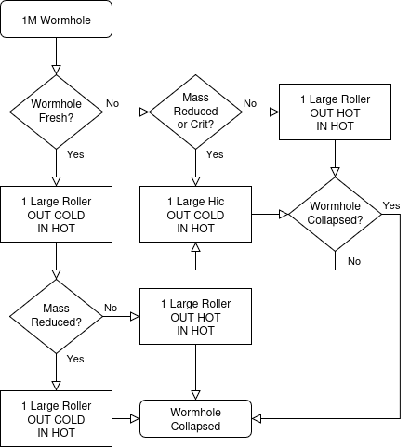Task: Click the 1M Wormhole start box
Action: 56,20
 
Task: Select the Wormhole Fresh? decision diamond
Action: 56,112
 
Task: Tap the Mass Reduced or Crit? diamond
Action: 195,112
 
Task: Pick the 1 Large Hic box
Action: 195,214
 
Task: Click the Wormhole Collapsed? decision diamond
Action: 335,214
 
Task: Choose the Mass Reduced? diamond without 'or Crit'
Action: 56,316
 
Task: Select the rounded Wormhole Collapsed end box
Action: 195,418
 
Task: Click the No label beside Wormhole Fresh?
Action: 112,103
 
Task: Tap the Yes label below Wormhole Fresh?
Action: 75,154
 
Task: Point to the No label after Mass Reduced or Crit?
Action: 250,103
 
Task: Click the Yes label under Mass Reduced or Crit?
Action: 215,154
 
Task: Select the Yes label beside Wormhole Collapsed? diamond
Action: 391,205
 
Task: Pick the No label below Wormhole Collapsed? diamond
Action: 354,261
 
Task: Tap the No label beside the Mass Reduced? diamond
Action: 111,308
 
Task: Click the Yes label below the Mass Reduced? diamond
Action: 75,359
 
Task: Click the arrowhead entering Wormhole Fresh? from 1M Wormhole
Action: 56,70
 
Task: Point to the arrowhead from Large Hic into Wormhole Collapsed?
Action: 284,214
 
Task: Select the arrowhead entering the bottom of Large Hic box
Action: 195,247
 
